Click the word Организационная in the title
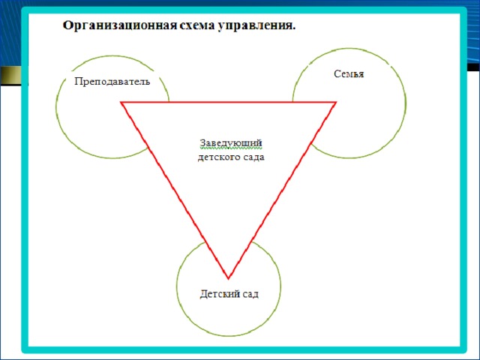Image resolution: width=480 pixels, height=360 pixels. pos(120,25)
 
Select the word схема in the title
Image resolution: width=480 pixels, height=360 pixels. pos(196,25)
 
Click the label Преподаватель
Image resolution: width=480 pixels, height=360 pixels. pos(112,82)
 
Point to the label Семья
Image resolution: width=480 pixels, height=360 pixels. pos(349,73)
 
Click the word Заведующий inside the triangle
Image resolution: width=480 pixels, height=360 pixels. pos(231,143)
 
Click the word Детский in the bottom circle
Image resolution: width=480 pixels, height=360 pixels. pos(217,294)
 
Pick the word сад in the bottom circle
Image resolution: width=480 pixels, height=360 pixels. pos(248,295)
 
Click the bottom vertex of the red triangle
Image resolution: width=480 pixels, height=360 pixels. pos(228,278)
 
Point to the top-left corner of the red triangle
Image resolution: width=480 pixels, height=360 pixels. pos(121,102)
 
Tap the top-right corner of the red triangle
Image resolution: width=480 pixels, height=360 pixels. pos(336,102)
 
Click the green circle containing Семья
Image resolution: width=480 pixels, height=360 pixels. pos(406,103)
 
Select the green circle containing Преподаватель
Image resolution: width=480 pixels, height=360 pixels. pos(56,107)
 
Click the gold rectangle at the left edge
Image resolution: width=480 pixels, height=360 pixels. pos(11,75)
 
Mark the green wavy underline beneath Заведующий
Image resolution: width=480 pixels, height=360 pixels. pos(231,148)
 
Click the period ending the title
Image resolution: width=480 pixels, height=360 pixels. pos(294,29)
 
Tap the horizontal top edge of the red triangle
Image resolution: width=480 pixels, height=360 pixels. pos(229,102)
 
